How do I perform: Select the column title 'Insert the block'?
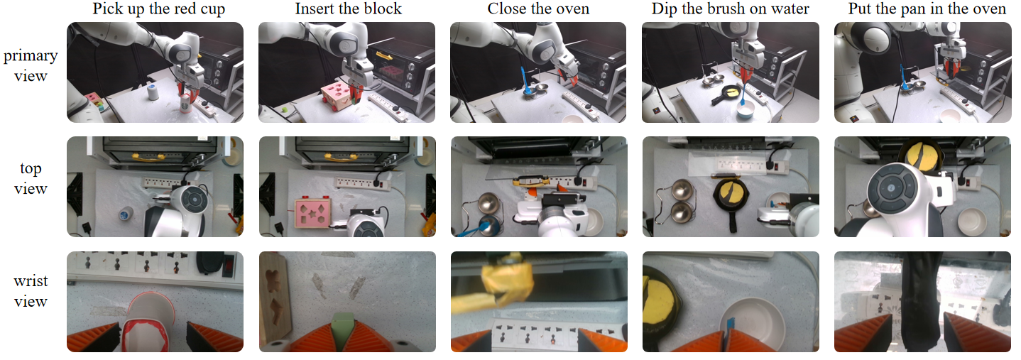coord(349,9)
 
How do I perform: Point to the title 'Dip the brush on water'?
coord(730,9)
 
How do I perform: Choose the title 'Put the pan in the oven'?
coord(922,9)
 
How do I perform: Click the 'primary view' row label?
coord(31,65)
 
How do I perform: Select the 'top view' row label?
coord(31,179)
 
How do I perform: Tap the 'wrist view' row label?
coord(31,292)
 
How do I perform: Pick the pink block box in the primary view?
coord(339,97)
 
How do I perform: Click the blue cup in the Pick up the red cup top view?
coord(126,213)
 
